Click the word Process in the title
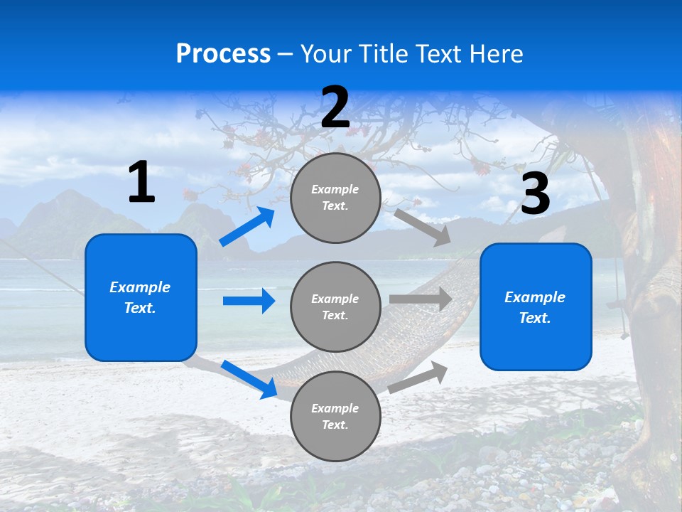(x=223, y=54)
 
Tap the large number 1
(x=141, y=183)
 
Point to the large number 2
(x=335, y=107)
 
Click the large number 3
(x=535, y=193)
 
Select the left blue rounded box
(x=141, y=297)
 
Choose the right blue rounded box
(x=536, y=306)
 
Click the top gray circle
(x=335, y=197)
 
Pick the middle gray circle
(x=335, y=306)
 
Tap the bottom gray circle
(x=335, y=416)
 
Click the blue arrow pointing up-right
(x=248, y=227)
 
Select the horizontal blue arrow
(x=249, y=301)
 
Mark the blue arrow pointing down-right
(x=249, y=379)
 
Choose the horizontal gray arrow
(x=421, y=299)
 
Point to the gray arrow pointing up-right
(x=418, y=378)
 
